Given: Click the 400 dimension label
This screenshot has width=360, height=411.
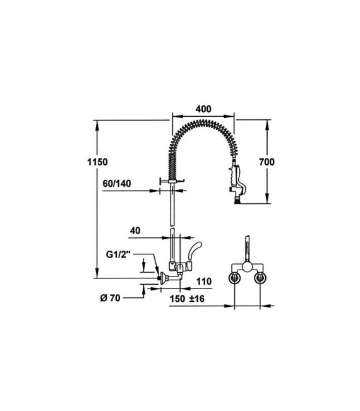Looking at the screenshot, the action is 203,109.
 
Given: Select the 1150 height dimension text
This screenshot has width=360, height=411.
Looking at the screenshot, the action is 97,162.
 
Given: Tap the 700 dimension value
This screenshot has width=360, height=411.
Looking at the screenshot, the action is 267,162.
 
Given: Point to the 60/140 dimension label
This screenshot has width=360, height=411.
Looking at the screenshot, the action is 117,184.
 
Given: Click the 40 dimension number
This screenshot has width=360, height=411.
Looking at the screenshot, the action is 135,230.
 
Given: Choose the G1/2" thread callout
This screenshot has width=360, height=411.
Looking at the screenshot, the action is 118,254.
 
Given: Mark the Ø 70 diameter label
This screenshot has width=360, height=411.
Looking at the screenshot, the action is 110,298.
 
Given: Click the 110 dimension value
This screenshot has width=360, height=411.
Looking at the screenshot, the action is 204,282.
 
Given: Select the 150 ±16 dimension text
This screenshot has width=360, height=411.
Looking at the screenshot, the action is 187,299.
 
